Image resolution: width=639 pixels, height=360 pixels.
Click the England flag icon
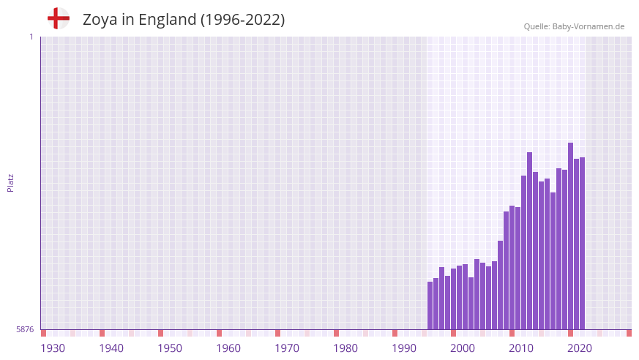click(x=59, y=18)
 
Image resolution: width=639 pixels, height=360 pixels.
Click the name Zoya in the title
click(x=100, y=20)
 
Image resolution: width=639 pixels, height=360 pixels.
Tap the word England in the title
click(x=165, y=20)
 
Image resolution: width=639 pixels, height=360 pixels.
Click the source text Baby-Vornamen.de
click(x=588, y=26)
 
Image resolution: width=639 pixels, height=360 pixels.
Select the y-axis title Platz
click(x=10, y=183)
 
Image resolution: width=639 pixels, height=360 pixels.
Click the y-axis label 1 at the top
click(x=31, y=37)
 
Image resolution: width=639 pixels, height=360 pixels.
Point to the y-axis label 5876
click(x=25, y=329)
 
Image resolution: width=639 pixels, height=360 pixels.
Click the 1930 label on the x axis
click(x=53, y=348)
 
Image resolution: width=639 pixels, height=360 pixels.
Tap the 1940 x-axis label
click(x=111, y=348)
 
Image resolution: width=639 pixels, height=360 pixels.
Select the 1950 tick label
click(x=170, y=348)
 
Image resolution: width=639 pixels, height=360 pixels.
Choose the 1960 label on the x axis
click(x=228, y=348)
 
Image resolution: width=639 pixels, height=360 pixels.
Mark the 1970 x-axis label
click(x=287, y=348)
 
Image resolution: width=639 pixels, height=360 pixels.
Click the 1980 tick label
click(x=345, y=348)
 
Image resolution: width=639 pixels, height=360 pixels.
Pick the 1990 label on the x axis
click(x=404, y=348)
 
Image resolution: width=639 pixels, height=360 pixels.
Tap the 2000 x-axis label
click(x=463, y=348)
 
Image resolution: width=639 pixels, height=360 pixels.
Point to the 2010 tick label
click(x=521, y=348)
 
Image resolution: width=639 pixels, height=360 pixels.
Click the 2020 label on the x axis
click(x=580, y=348)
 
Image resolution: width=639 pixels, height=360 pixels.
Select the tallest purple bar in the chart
click(x=570, y=234)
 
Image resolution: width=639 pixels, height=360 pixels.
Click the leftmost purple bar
click(x=430, y=306)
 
